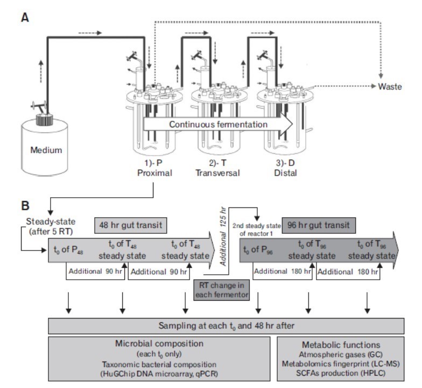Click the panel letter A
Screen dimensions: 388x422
click(x=25, y=17)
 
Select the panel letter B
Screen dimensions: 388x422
click(x=25, y=205)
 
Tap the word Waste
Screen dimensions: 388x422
click(x=389, y=86)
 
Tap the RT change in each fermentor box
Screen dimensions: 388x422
click(x=221, y=292)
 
